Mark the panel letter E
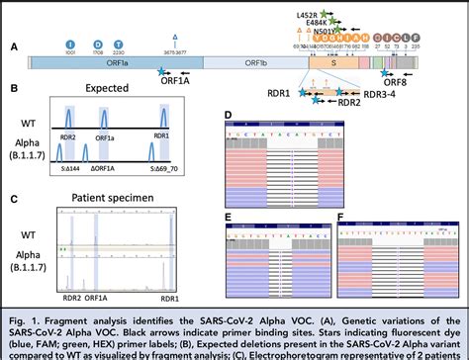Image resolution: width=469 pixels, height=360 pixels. (228, 214)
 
